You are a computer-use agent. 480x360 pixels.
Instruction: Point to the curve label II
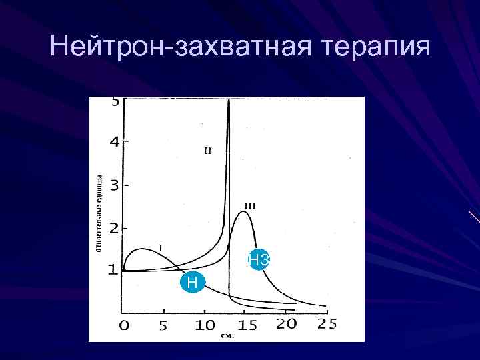pos(207,151)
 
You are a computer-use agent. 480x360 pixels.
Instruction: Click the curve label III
pos(249,206)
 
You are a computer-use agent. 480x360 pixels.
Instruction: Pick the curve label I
pos(160,247)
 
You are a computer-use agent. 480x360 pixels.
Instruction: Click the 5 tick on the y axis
pos(115,102)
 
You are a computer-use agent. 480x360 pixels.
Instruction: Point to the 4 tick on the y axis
pos(115,142)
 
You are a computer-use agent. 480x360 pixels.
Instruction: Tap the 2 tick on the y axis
pos(114,228)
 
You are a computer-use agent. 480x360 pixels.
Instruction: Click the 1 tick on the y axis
pos(113,270)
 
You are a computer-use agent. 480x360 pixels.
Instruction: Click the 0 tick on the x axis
pos(124,325)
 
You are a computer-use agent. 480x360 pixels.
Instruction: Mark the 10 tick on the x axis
pos(205,325)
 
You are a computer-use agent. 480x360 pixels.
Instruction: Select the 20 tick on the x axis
pos(286,325)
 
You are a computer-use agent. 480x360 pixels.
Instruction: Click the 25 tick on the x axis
pos(327,325)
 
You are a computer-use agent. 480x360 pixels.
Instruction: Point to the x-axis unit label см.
pos(227,336)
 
